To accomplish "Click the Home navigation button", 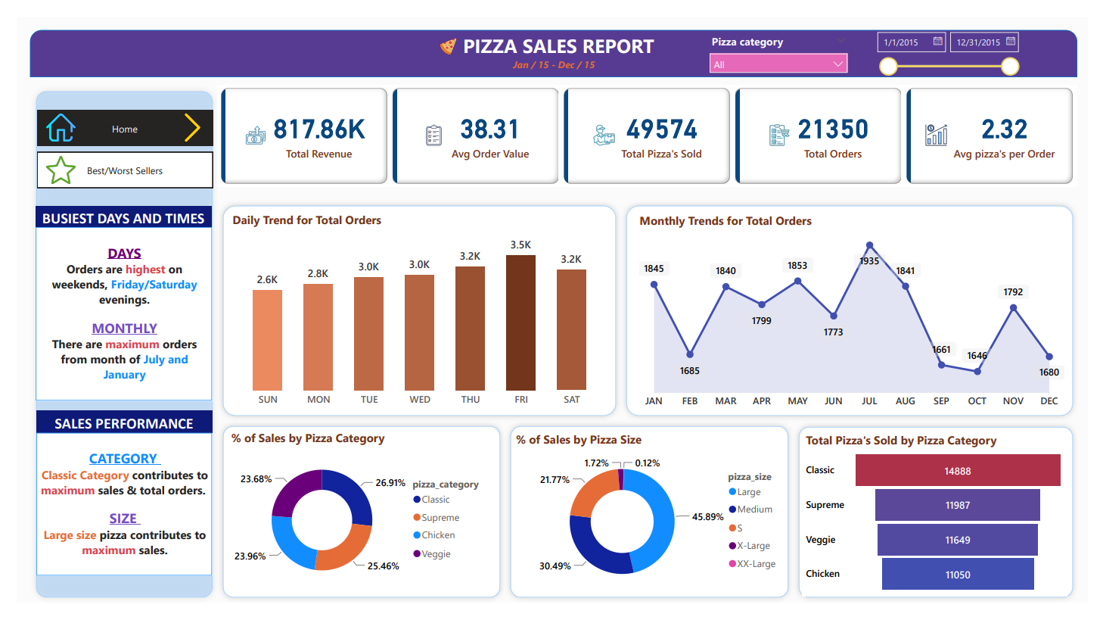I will tap(125, 129).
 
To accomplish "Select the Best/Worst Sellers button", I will tap(125, 170).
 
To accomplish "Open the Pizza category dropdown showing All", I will tap(778, 64).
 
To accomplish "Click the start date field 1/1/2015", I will tap(911, 42).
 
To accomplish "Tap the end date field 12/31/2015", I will tap(983, 42).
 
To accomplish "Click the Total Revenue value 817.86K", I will tap(319, 129).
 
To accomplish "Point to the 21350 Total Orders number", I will tap(833, 129).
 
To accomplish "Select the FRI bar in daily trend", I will tap(520, 322).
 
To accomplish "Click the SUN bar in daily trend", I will tap(267, 340).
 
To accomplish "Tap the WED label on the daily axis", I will tap(420, 400).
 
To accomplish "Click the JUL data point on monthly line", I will tap(870, 245).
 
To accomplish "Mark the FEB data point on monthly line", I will tap(690, 354).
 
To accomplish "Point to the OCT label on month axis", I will tap(977, 401).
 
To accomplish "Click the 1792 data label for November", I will tap(1013, 292).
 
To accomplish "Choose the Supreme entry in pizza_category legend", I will tap(440, 518).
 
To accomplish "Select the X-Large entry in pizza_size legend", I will tap(753, 546).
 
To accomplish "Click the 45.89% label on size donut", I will tap(707, 517).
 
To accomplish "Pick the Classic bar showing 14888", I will tap(958, 471).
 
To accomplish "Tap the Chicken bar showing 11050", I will tap(958, 575).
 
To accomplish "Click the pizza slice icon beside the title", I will tap(449, 47).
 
